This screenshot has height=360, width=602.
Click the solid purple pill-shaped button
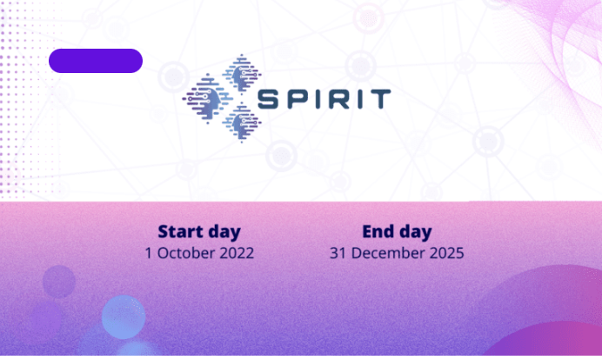tap(96, 61)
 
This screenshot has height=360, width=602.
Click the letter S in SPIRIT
tap(268, 99)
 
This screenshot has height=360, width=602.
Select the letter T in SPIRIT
tap(380, 99)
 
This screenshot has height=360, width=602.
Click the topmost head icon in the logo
tap(242, 74)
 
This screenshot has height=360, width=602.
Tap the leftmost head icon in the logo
tap(207, 98)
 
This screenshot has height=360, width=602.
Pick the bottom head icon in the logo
tap(242, 123)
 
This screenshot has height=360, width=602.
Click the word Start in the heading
tap(180, 232)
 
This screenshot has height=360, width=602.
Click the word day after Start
tap(224, 232)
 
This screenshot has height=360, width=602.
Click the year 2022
tap(237, 253)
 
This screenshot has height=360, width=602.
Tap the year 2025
tap(447, 253)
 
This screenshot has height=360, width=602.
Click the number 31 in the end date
tap(338, 253)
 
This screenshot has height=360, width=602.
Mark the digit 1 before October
tap(149, 253)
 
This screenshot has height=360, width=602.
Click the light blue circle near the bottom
tap(124, 317)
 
